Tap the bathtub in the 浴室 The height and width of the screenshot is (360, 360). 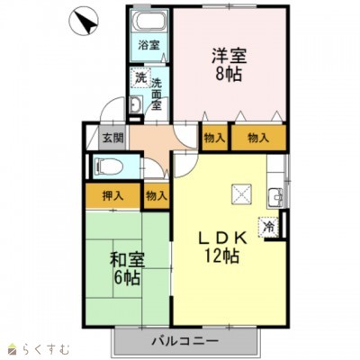[150, 21]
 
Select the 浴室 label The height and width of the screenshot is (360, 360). [148, 46]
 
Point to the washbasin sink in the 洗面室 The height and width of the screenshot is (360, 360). [137, 105]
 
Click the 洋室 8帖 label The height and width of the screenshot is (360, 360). [229, 65]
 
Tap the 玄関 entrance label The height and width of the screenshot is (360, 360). [113, 139]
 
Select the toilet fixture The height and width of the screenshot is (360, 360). [109, 166]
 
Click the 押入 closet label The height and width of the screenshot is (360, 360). [113, 196]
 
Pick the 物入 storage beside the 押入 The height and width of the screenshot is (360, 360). [157, 196]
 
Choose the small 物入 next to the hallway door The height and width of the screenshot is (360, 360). [214, 139]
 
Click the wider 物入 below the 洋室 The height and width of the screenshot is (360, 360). [258, 139]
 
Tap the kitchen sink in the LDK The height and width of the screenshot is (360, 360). [275, 197]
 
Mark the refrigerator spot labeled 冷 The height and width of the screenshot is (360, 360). [269, 227]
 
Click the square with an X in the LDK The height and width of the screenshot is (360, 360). [241, 193]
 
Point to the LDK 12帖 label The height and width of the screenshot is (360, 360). [222, 247]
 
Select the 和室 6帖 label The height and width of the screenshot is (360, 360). [127, 269]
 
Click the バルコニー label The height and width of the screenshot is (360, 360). [184, 341]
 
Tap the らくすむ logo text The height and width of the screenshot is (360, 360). [46, 350]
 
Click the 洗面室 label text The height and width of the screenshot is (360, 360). [157, 94]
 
